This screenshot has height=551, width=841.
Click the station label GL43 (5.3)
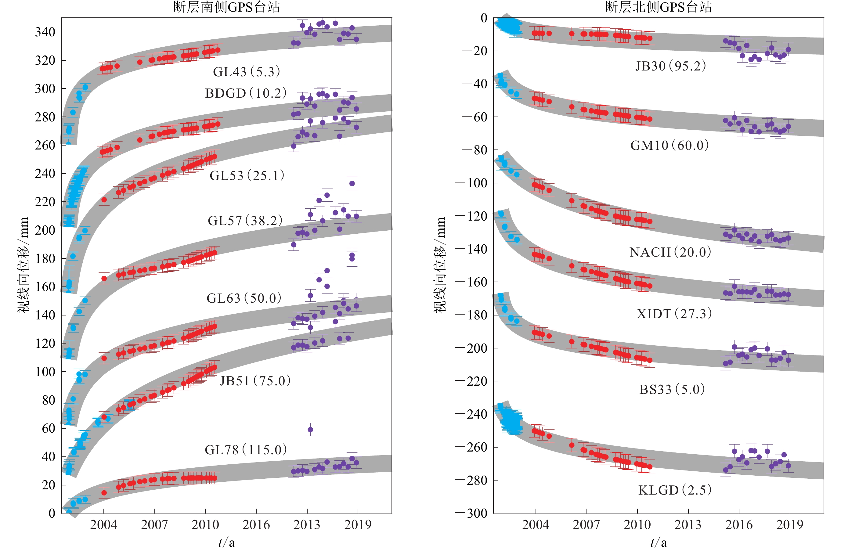tap(246, 72)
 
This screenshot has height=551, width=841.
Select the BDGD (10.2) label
tap(246, 93)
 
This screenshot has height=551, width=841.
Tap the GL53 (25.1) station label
tap(247, 175)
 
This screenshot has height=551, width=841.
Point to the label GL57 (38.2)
tap(245, 221)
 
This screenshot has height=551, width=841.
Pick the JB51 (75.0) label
tap(255, 381)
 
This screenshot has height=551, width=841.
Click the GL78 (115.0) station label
tap(246, 450)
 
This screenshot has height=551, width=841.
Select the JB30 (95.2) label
tap(670, 66)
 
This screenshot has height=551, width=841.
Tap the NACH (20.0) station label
tap(670, 252)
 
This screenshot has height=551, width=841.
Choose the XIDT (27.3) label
tap(674, 314)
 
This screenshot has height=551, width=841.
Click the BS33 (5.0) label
tap(672, 390)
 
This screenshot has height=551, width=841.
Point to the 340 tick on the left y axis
tap(45, 32)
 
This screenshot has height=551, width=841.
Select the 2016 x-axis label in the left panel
tap(256, 525)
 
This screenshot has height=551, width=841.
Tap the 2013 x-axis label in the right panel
tap(688, 525)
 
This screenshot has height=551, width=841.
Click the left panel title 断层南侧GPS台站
tap(226, 7)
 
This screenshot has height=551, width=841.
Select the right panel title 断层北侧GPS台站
tap(658, 7)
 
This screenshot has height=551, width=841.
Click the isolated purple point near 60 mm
tap(310, 430)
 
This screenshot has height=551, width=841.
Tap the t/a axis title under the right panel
tap(658, 542)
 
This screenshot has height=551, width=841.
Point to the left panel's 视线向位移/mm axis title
tap(23, 265)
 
